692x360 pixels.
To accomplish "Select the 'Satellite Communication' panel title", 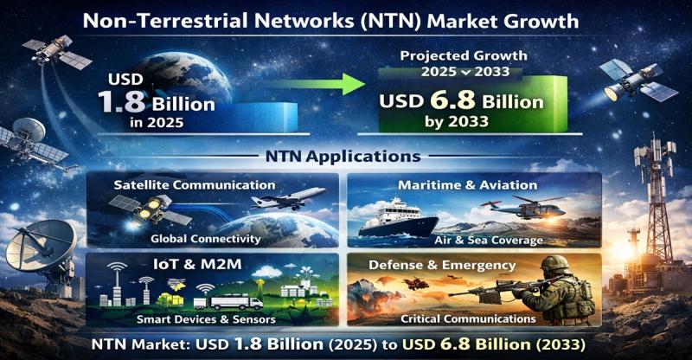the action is pyautogui.click(x=195, y=184).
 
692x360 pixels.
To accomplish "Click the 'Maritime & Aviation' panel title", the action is pyautogui.click(x=468, y=184).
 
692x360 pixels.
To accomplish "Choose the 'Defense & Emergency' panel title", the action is pyautogui.click(x=442, y=265).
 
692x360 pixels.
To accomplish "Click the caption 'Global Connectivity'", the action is pyautogui.click(x=206, y=239).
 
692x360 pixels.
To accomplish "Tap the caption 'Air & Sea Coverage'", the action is pyautogui.click(x=489, y=241).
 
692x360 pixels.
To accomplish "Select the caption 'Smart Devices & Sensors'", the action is pyautogui.click(x=206, y=319).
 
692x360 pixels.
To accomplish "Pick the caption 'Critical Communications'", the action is pyautogui.click(x=468, y=318).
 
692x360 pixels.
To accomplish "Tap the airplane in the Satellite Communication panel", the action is pyautogui.click(x=288, y=198).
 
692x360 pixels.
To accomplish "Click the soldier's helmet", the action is pyautogui.click(x=555, y=264).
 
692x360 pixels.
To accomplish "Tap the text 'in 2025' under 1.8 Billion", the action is pyautogui.click(x=157, y=122).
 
